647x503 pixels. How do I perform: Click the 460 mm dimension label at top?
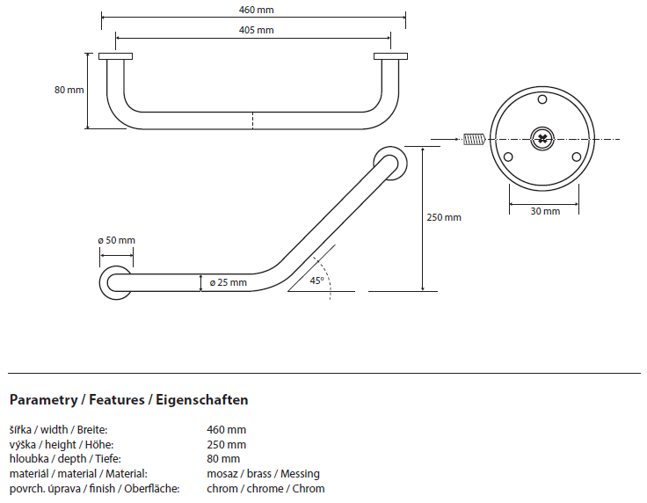[x=253, y=10]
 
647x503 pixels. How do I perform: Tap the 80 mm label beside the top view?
[x=69, y=91]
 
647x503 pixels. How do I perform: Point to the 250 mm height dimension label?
[x=444, y=217]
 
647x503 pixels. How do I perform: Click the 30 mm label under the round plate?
[x=545, y=212]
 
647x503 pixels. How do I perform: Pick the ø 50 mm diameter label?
[x=116, y=240]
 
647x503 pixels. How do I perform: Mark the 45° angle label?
[x=317, y=281]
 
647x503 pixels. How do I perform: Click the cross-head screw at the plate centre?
[x=543, y=138]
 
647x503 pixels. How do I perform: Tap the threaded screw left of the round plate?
[x=474, y=138]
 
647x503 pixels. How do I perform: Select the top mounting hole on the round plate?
[x=542, y=101]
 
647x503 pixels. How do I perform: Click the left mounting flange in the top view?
[x=115, y=57]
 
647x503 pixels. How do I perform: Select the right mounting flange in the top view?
[x=390, y=57]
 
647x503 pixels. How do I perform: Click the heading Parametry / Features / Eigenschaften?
[x=128, y=400]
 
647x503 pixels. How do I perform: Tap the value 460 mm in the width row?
[x=226, y=430]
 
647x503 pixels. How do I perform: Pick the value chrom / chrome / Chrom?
[x=265, y=489]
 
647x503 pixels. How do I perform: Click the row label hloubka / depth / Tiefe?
[x=65, y=459]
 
